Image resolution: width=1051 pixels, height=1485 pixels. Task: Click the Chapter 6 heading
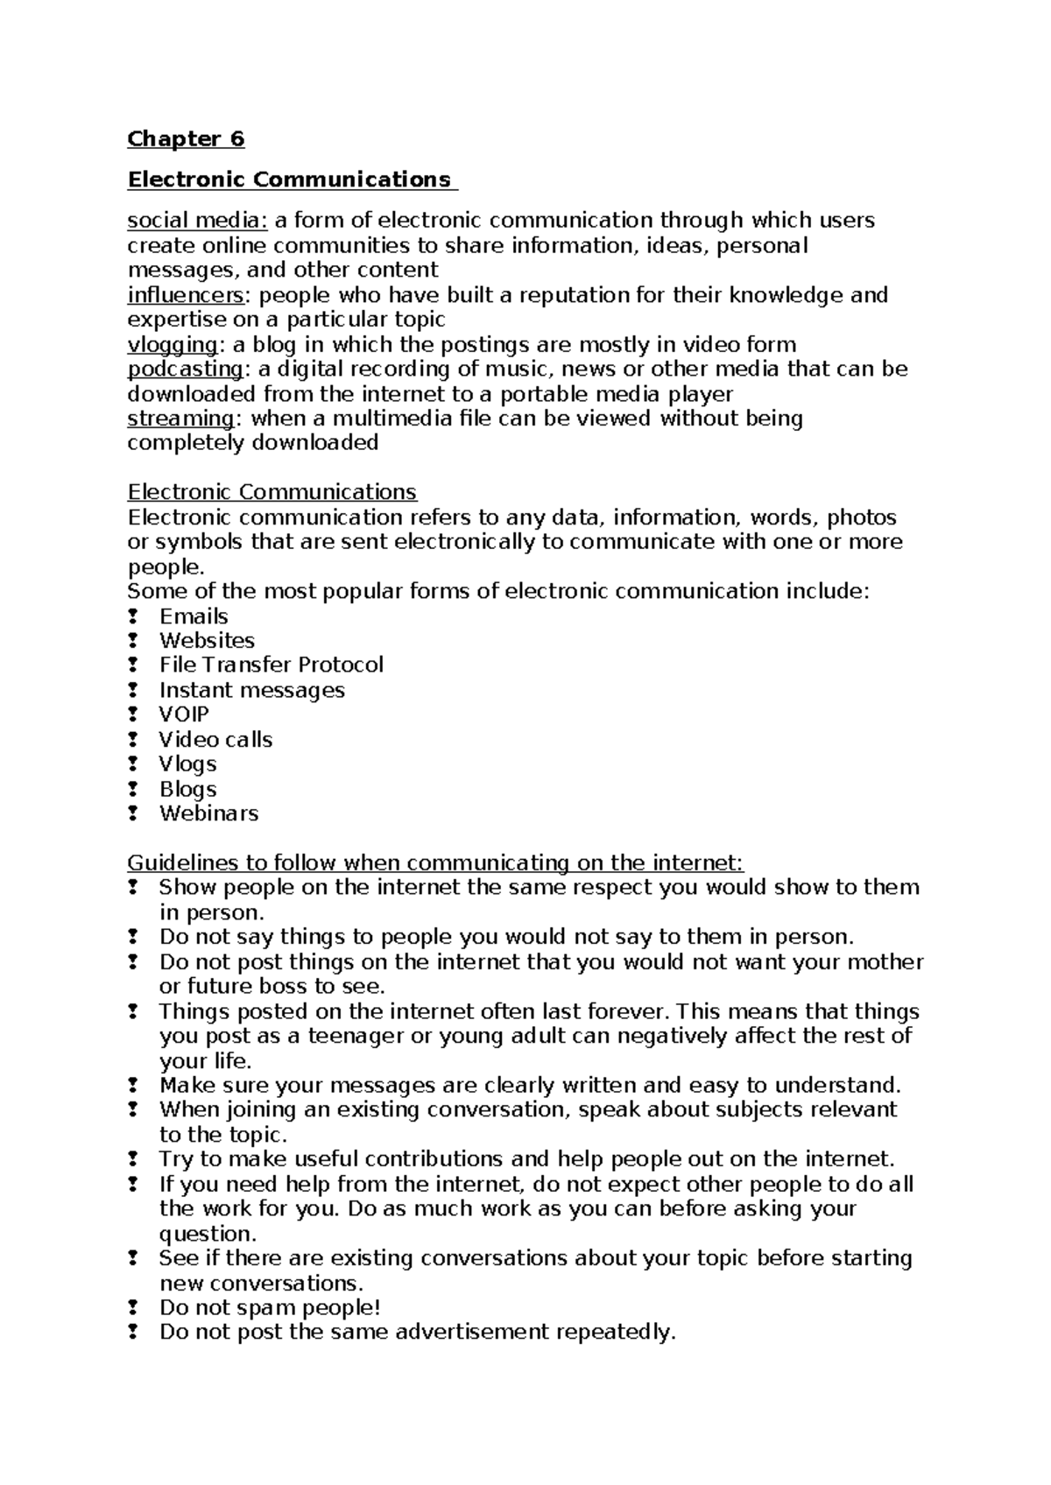(186, 139)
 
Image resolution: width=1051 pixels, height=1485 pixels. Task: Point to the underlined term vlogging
(172, 345)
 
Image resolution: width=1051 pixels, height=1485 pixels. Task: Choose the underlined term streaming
(180, 419)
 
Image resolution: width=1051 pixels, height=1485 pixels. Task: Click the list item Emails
(194, 616)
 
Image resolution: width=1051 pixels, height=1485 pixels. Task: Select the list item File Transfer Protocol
(271, 665)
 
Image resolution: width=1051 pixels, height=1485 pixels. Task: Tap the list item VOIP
(184, 714)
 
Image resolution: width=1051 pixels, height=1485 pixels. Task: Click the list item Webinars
(208, 813)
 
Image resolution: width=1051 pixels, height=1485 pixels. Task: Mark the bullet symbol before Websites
(133, 641)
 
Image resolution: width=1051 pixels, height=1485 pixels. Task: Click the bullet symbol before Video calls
(133, 740)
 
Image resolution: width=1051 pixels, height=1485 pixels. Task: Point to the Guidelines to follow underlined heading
(435, 863)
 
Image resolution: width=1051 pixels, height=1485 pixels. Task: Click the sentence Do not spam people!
(270, 1308)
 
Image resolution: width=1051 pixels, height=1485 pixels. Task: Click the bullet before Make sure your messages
(133, 1086)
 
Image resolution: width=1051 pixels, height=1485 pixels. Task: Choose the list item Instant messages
(251, 691)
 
